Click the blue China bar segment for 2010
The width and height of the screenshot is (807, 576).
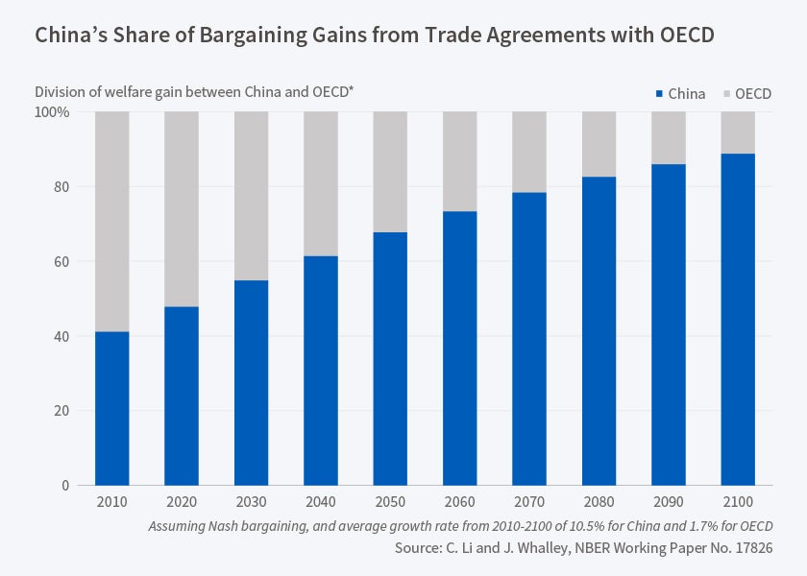coord(112,408)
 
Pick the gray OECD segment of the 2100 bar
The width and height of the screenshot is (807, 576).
coord(738,132)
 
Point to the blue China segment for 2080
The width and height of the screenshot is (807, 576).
coord(599,330)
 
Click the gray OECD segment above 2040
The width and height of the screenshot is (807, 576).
coord(321,183)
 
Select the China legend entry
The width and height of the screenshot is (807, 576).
coord(680,94)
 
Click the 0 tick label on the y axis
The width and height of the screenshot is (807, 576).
coord(64,486)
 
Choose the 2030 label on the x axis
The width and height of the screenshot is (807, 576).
coord(251,503)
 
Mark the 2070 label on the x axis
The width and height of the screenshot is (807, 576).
coord(529,503)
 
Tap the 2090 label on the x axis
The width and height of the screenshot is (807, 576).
coord(669,503)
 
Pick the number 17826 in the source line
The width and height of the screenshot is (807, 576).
coord(751,548)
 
